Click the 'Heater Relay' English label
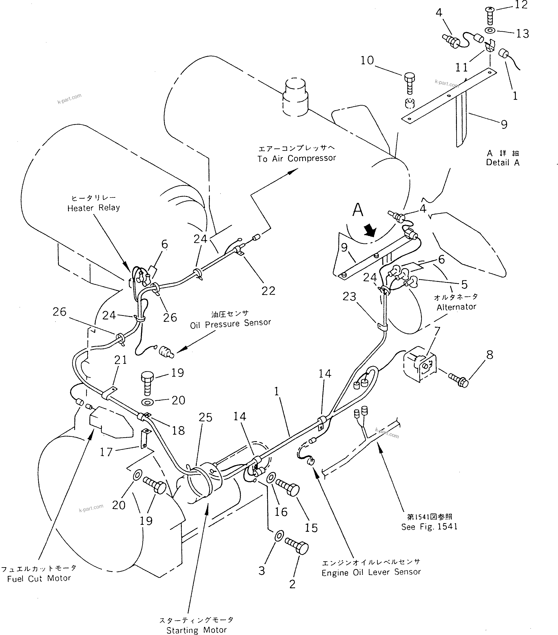(94, 208)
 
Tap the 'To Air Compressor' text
(297, 158)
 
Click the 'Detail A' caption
(503, 163)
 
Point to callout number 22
(268, 291)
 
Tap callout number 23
(349, 296)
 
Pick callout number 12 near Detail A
(521, 5)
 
